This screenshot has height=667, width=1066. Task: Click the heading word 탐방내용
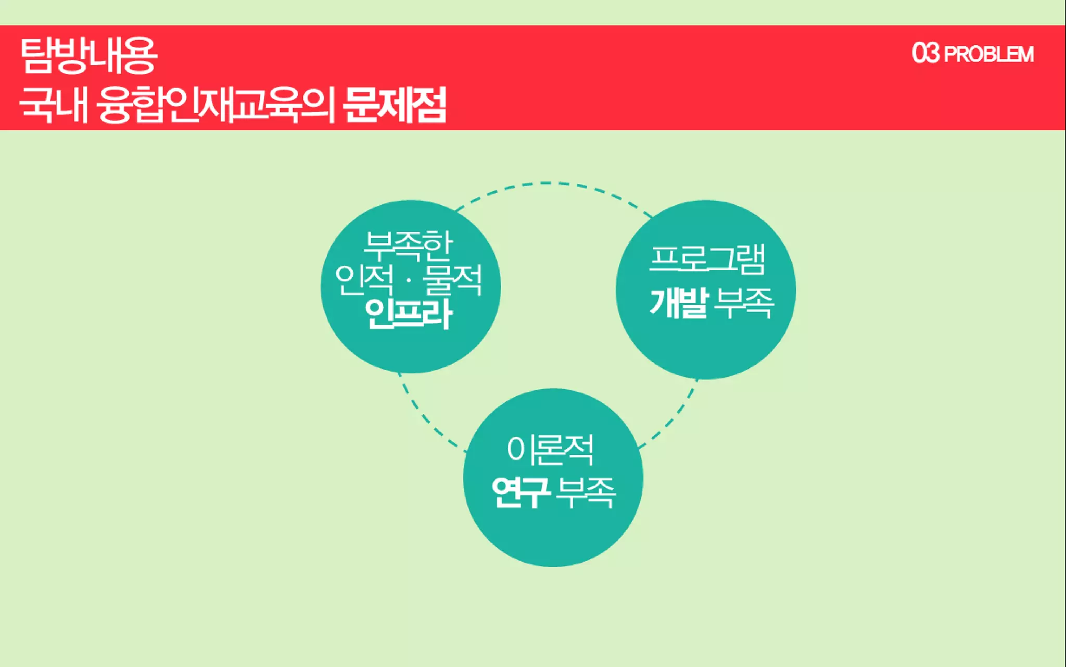pyautogui.click(x=88, y=55)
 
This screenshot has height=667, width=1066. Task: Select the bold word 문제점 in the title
pyautogui.click(x=395, y=105)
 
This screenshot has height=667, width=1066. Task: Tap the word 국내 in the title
pyautogui.click(x=53, y=105)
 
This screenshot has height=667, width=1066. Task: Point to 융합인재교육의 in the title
pyautogui.click(x=215, y=105)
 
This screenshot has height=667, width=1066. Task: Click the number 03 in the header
pyautogui.click(x=925, y=53)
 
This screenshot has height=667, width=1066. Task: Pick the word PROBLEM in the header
pyautogui.click(x=988, y=54)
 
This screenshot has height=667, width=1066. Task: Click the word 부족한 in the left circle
pyautogui.click(x=409, y=245)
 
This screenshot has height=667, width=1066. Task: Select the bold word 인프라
pyautogui.click(x=409, y=314)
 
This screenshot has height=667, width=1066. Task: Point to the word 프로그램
pyautogui.click(x=707, y=259)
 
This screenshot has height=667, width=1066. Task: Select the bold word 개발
pyautogui.click(x=679, y=302)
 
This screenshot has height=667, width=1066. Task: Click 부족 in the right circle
pyautogui.click(x=744, y=302)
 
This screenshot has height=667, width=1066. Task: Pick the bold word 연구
pyautogui.click(x=521, y=491)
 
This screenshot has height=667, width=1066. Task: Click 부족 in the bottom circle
pyautogui.click(x=586, y=491)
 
